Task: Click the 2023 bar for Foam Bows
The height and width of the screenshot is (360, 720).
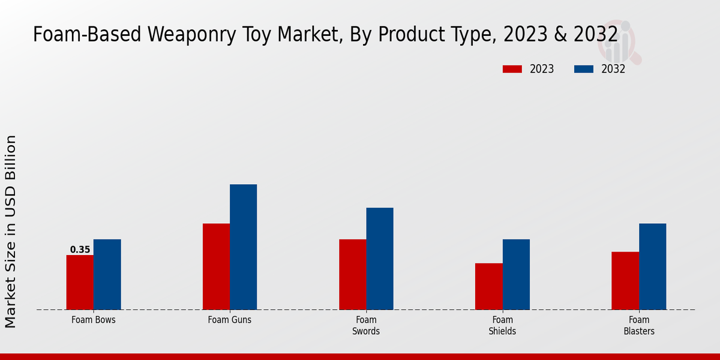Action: click(x=80, y=283)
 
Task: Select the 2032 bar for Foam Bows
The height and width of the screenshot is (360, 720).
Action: click(x=107, y=275)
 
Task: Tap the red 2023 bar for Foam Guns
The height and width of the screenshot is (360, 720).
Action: click(x=216, y=267)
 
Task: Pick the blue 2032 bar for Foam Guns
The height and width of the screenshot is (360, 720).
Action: click(x=243, y=247)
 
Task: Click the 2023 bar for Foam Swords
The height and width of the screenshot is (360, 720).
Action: click(x=352, y=275)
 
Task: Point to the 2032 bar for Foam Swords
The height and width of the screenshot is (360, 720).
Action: click(x=380, y=259)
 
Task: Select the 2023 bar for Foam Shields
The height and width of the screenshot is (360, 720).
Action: click(x=488, y=287)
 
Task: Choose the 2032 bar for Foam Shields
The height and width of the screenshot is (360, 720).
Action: click(x=516, y=275)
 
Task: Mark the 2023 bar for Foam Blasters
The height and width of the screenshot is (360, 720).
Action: click(x=625, y=281)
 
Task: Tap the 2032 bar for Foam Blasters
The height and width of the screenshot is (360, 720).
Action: click(x=652, y=267)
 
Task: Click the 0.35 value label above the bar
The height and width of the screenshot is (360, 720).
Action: click(x=80, y=250)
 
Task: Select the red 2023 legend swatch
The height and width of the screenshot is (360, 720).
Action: click(x=512, y=69)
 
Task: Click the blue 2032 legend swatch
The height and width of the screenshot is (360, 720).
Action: click(x=583, y=69)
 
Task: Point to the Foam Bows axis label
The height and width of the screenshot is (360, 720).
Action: click(x=93, y=320)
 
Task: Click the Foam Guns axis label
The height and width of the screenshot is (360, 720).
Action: click(x=230, y=320)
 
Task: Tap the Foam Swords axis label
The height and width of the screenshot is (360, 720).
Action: click(x=366, y=325)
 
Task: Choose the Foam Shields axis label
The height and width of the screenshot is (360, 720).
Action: click(x=502, y=325)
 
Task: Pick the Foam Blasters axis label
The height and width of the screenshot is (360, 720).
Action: click(x=639, y=325)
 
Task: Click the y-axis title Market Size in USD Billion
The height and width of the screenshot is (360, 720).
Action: click(x=11, y=232)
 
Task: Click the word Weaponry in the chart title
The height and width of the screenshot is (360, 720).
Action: click(x=184, y=35)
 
